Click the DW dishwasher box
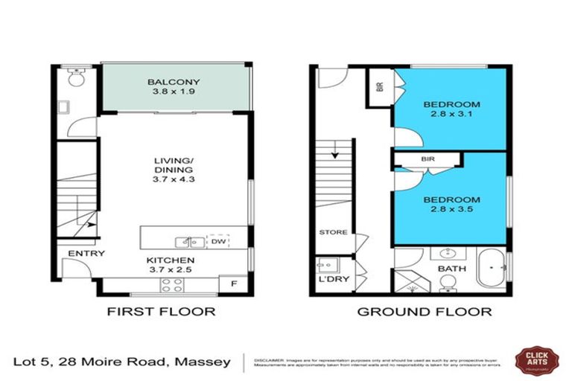tap(217, 242)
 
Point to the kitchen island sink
tap(187, 242)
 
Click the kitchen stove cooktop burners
tap(173, 285)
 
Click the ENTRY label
tap(86, 254)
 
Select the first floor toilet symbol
tap(74, 77)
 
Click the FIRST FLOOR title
tap(162, 312)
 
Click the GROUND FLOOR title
tap(425, 312)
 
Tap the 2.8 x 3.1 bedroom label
tap(451, 109)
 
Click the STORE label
tap(333, 232)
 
